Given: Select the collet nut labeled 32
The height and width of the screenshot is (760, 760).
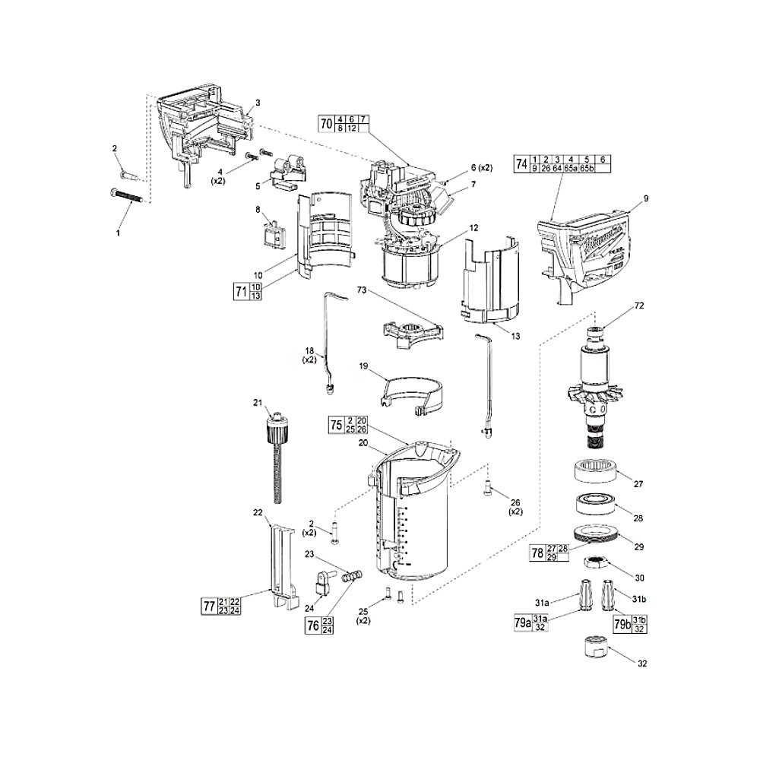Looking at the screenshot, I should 592,648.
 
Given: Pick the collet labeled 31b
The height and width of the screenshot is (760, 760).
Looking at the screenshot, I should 609,593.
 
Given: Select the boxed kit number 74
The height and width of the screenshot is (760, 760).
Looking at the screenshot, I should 521,163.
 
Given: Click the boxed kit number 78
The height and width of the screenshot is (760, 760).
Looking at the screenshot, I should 537,553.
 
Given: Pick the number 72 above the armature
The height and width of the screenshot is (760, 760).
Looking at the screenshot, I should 638,305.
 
